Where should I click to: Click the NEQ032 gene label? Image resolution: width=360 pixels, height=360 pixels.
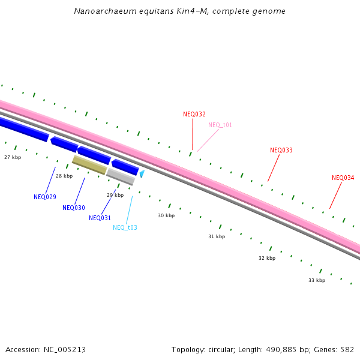(x=194, y=114)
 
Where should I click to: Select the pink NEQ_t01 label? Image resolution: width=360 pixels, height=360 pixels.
(x=220, y=125)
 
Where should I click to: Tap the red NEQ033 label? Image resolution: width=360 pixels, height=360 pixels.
(x=281, y=151)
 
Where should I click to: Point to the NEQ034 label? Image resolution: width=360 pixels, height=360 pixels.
(x=343, y=178)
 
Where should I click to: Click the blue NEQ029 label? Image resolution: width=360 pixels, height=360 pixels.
(x=45, y=197)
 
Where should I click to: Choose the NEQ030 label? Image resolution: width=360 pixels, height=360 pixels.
(x=74, y=208)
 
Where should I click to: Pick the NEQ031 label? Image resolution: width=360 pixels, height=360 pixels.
(x=100, y=218)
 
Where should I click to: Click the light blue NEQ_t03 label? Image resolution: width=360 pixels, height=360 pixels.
(x=125, y=228)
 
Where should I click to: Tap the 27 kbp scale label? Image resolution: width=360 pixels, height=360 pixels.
(x=13, y=157)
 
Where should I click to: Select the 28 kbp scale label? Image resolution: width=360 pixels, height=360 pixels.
(x=64, y=176)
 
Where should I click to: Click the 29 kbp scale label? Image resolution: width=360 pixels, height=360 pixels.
(x=115, y=196)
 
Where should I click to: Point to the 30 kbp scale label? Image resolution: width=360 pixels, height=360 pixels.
(x=166, y=215)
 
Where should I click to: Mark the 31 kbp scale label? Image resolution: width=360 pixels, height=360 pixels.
(x=217, y=237)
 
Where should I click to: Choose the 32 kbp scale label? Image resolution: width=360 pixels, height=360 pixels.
(x=267, y=259)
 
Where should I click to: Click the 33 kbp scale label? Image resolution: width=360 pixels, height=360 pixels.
(x=317, y=280)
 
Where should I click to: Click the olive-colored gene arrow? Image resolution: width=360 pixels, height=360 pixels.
(x=89, y=165)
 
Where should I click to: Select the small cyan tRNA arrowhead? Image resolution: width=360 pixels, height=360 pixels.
(x=142, y=174)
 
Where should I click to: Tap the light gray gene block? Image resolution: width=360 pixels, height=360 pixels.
(x=120, y=176)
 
